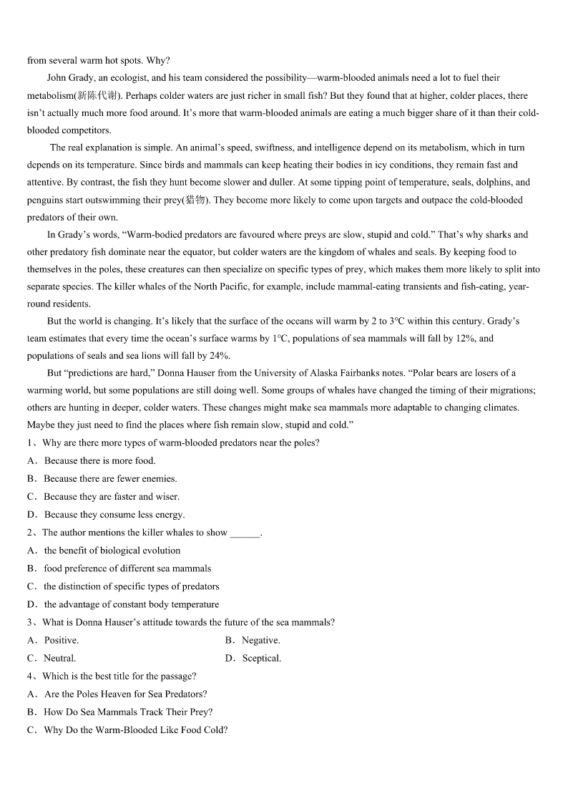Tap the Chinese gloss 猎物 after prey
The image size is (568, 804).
[195, 200]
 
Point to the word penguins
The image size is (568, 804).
[44, 200]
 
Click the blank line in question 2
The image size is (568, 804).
[245, 533]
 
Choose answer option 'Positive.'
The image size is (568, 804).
[62, 640]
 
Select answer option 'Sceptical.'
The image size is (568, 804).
[261, 658]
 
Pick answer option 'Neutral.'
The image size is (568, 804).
[59, 658]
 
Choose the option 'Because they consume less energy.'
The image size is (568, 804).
[114, 515]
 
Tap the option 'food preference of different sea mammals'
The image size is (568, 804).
[127, 568]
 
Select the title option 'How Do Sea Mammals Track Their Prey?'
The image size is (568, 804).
[128, 712]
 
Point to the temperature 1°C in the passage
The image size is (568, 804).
[279, 339]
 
